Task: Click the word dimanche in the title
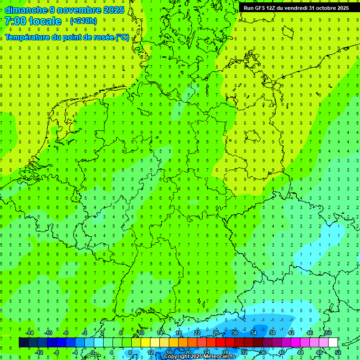coord(26,10)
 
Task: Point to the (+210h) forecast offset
coord(83,21)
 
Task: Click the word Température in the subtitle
coord(28,37)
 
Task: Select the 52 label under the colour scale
coord(338,352)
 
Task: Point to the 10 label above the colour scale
coord(141,333)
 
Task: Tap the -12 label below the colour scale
coord(39,352)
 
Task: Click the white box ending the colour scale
coord(333,343)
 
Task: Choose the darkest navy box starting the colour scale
coord(23,343)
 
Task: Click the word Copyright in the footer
coord(176,357)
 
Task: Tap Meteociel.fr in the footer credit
coord(219,357)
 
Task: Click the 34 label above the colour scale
coord(254,333)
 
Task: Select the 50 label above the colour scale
coord(328,333)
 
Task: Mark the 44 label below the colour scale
coord(300,352)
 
